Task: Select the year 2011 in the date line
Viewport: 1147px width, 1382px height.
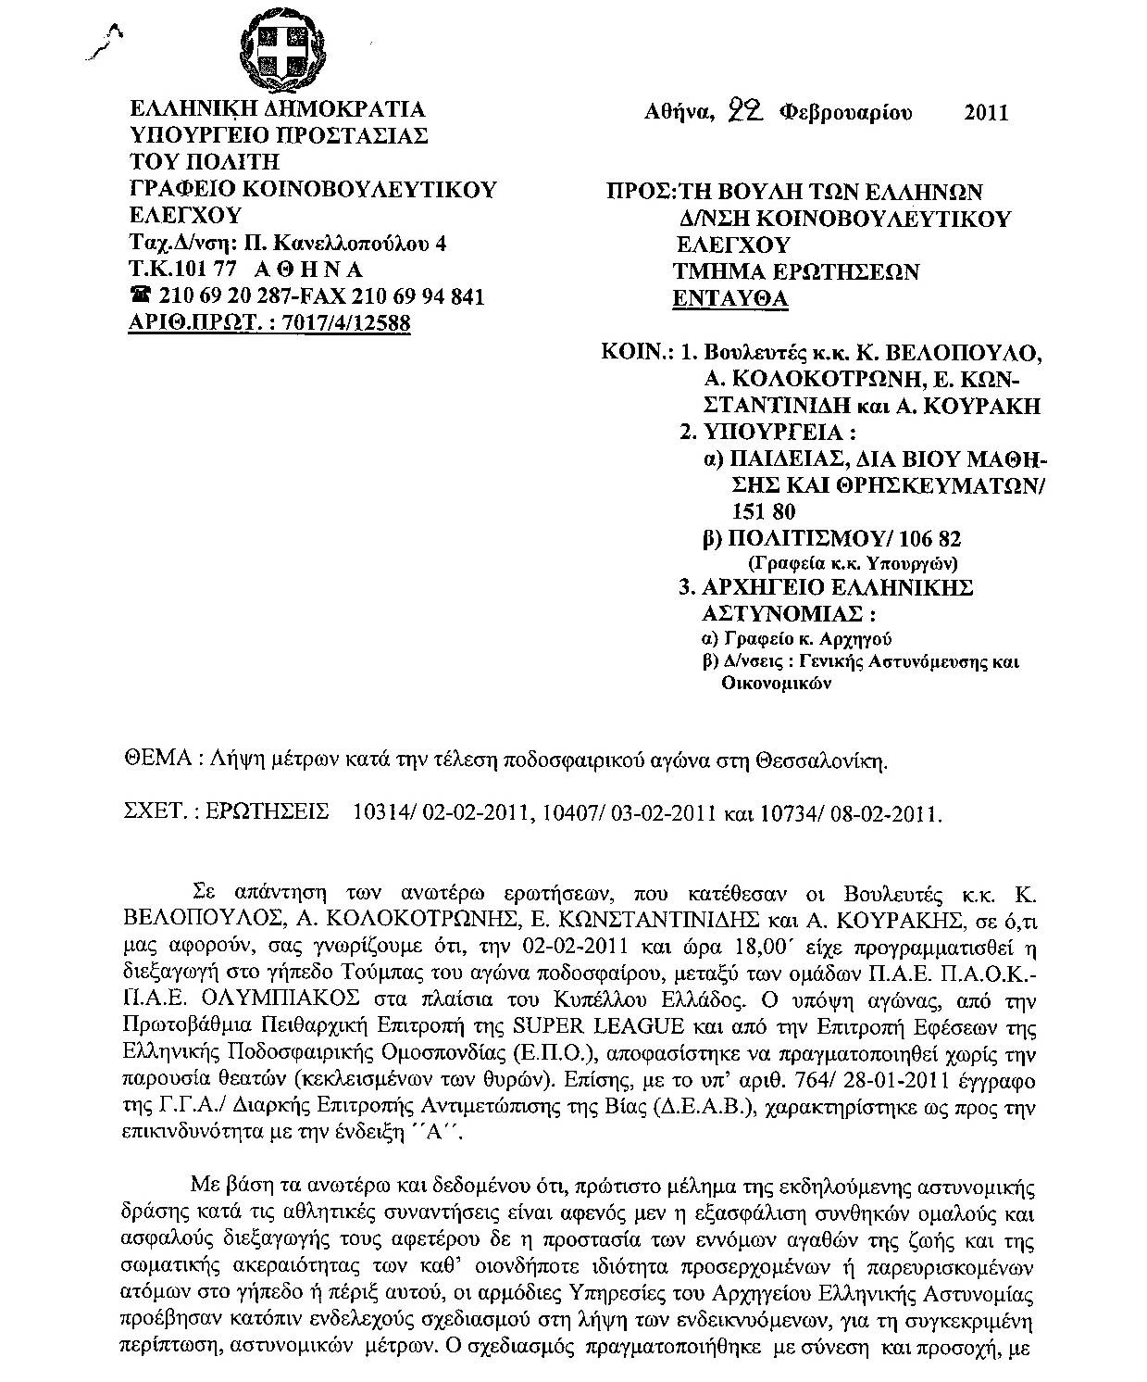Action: coord(985,113)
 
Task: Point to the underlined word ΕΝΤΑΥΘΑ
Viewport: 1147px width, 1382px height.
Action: coord(729,298)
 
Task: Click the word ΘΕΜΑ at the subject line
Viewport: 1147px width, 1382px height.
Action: coord(156,760)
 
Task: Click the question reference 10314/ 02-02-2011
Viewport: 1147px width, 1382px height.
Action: coord(435,813)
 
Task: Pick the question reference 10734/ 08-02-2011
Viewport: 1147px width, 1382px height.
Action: coord(851,813)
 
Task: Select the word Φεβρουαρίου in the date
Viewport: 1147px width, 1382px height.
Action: coord(845,113)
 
